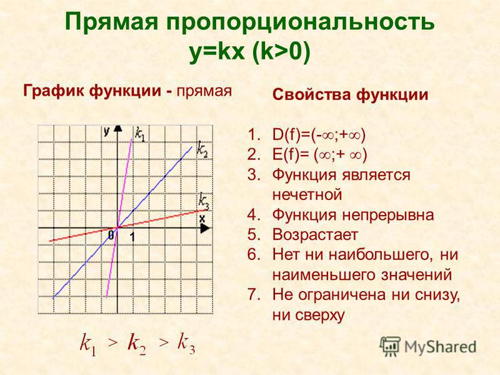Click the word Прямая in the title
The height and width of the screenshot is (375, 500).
(112, 22)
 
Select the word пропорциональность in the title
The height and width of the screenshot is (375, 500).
(301, 22)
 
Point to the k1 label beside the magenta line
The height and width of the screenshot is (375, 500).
(139, 134)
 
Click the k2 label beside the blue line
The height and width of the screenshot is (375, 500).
(202, 149)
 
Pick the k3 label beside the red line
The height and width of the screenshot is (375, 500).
(204, 201)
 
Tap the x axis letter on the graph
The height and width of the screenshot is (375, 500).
(202, 219)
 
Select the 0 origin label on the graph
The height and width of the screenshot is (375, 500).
(111, 236)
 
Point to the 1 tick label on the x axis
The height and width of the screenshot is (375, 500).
(132, 237)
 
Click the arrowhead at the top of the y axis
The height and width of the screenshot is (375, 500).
(118, 128)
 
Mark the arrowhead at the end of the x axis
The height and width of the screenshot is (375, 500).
(206, 228)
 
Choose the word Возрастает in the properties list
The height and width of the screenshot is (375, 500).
(315, 235)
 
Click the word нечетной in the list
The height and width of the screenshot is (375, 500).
(307, 194)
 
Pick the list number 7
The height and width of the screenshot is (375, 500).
(254, 294)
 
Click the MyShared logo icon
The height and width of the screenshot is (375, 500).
(389, 347)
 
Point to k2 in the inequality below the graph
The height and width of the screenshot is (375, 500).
(136, 344)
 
